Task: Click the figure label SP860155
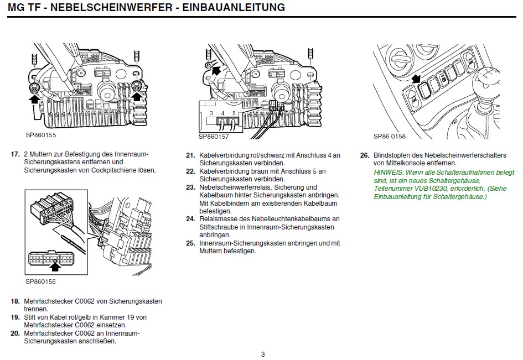pyautogui.click(x=41, y=134)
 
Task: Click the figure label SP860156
pyautogui.click(x=41, y=281)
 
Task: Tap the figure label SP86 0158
pyautogui.click(x=390, y=135)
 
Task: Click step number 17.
pyautogui.click(x=15, y=154)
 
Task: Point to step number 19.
pyautogui.click(x=15, y=317)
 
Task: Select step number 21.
pyautogui.click(x=190, y=155)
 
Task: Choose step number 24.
pyautogui.click(x=190, y=220)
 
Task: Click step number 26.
pyautogui.click(x=364, y=155)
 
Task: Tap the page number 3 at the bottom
pyautogui.click(x=263, y=354)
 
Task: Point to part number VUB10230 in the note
pyautogui.click(x=426, y=189)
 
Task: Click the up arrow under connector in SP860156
pyautogui.click(x=54, y=267)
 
